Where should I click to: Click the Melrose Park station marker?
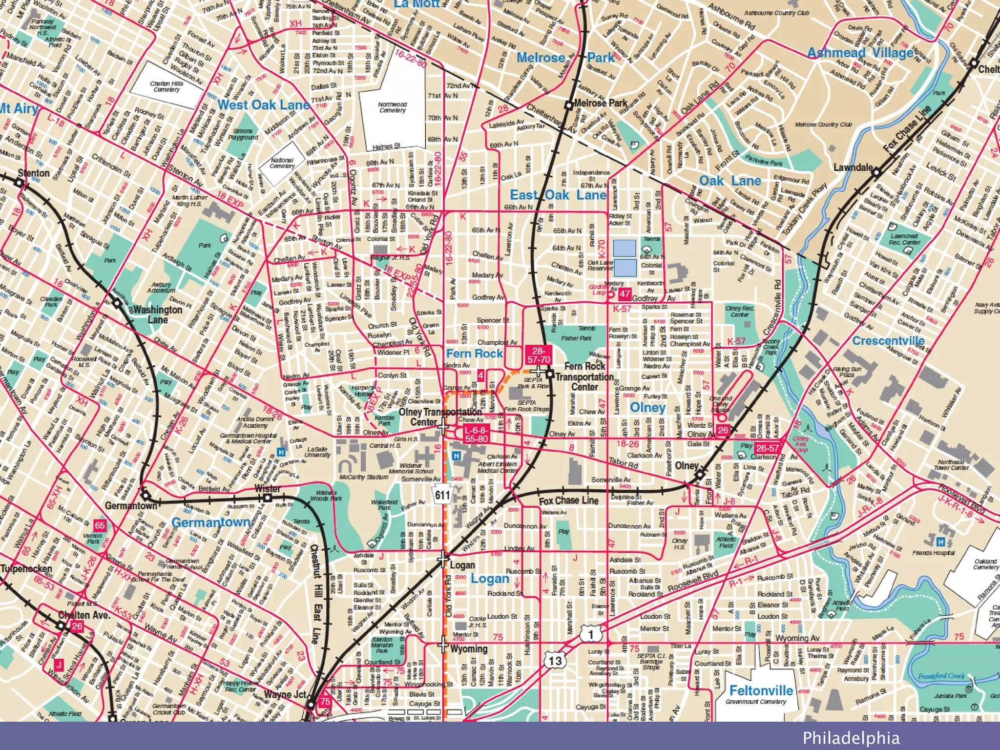(568, 105)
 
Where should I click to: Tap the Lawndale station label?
(853, 167)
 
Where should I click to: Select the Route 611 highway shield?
(442, 495)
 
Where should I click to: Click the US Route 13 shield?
(555, 661)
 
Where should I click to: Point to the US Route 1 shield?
(591, 634)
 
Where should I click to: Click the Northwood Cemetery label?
(392, 107)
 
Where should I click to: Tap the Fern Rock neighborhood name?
(474, 353)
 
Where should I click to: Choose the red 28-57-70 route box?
(538, 355)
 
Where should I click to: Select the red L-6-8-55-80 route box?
(476, 434)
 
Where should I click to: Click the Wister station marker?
(267, 498)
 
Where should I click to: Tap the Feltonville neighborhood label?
(761, 690)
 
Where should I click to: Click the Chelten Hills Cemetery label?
(167, 86)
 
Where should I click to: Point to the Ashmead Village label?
(860, 53)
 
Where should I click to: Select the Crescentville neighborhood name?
(888, 340)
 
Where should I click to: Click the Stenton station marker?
(19, 183)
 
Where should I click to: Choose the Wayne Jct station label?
(285, 694)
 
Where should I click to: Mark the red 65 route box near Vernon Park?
(100, 525)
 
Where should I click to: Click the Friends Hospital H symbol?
(940, 542)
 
